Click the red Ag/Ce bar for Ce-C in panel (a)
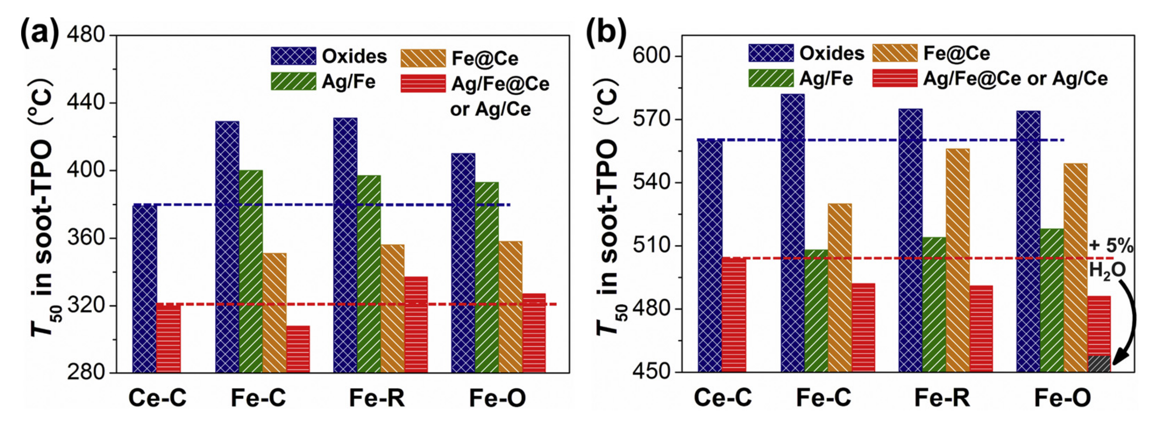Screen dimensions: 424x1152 pyautogui.click(x=169, y=338)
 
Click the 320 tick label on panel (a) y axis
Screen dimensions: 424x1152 pyautogui.click(x=86, y=306)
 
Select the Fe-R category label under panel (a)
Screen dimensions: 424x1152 pyautogui.click(x=377, y=398)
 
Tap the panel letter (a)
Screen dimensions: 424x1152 pyautogui.click(x=39, y=32)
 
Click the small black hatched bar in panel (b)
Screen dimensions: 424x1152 pyautogui.click(x=1099, y=364)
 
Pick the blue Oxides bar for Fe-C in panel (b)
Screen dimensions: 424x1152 pyautogui.click(x=793, y=233)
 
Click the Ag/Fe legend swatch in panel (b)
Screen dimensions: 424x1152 pyautogui.click(x=771, y=78)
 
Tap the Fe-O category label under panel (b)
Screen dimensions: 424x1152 pyautogui.click(x=1062, y=398)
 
